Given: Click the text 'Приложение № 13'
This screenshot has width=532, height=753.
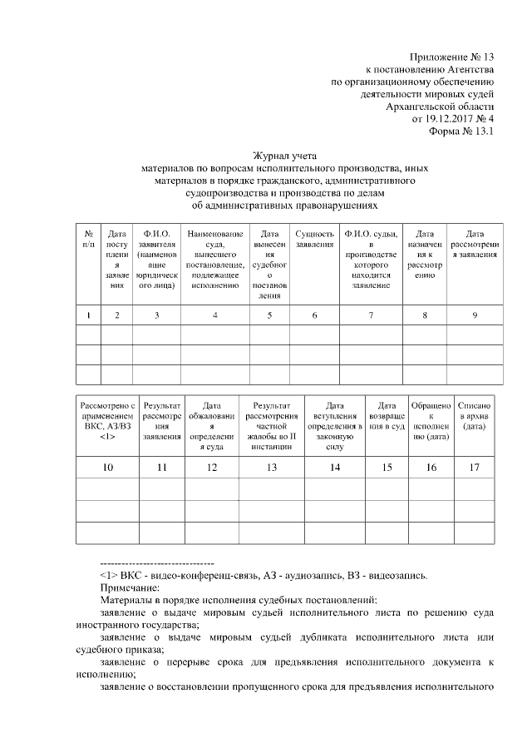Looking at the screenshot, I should coord(453,57).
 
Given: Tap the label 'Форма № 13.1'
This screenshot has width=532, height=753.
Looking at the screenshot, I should coord(461,131).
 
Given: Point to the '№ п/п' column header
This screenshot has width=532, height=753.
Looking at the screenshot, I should coord(88,239).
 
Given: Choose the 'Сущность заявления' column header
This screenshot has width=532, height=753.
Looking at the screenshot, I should coord(314,239).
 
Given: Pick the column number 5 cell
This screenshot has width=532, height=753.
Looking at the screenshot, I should coord(269,315).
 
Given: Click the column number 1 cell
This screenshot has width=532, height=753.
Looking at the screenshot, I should coord(88,315).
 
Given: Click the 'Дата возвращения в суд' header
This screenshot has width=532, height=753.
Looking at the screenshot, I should coord(387,414).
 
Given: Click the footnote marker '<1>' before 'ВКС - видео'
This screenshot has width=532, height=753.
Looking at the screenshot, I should coord(107,574).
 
